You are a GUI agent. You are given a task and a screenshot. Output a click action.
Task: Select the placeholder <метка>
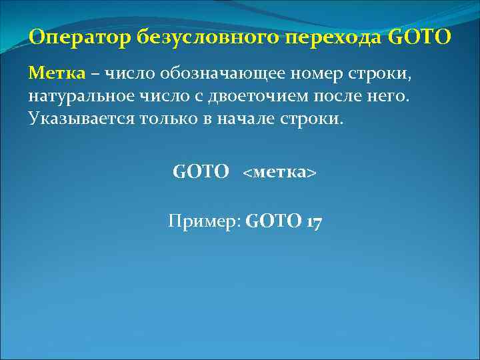pos(279,173)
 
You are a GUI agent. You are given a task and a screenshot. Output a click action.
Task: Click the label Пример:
pos(204,221)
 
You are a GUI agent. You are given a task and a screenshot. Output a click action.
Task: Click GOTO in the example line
pos(274,221)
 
